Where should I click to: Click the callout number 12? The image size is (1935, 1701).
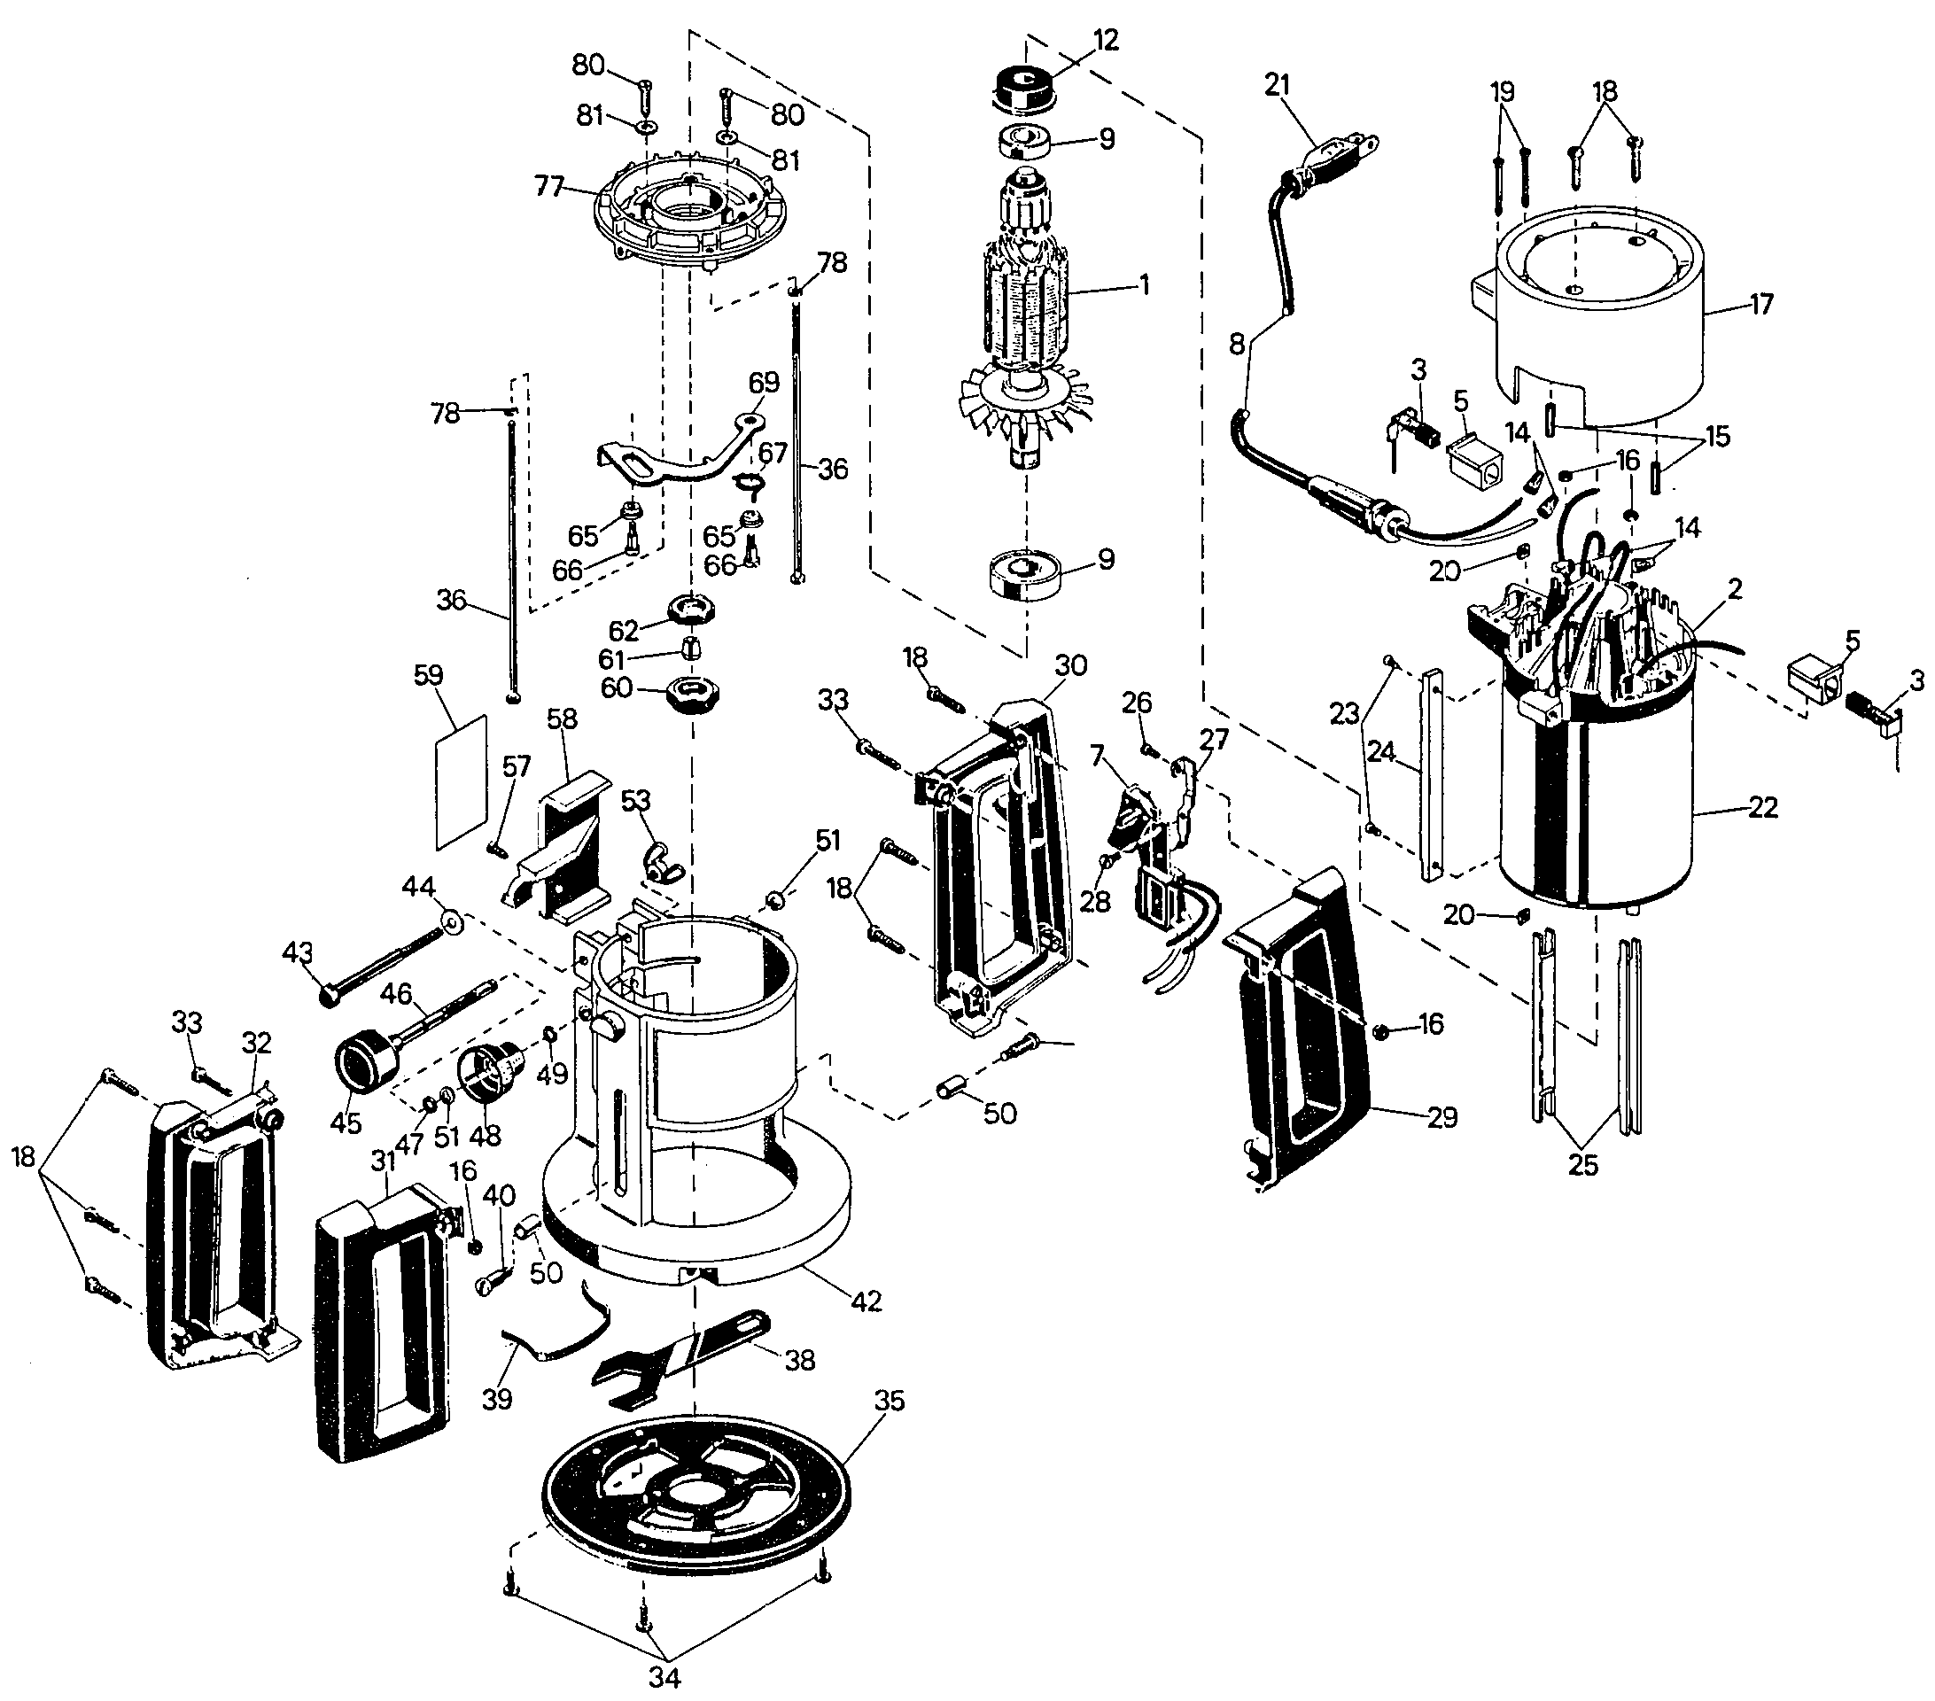tap(1106, 40)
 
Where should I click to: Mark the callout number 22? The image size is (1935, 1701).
tap(1763, 807)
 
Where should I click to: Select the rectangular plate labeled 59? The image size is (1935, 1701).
tap(461, 781)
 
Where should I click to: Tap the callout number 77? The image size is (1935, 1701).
tap(550, 185)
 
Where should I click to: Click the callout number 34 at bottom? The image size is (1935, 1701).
tap(664, 1677)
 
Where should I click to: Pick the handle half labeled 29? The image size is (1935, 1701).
tap(1300, 1029)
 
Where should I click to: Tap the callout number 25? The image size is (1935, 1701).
tap(1584, 1165)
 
